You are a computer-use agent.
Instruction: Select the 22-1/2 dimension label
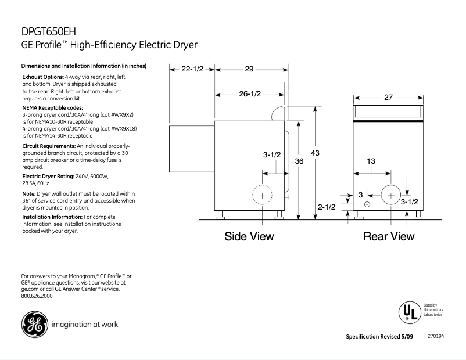coord(192,69)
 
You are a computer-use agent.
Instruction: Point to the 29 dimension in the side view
coord(249,69)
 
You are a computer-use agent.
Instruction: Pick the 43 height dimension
coord(315,153)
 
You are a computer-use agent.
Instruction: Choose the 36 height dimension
coord(299,161)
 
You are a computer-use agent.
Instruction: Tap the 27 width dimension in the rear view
coord(389,98)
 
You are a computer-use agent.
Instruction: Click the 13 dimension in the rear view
coord(370,161)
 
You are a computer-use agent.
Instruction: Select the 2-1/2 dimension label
coord(327,207)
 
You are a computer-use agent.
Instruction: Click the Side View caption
coord(249,236)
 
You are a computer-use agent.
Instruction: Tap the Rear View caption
coord(389,236)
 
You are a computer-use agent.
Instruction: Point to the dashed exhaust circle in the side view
coord(263,196)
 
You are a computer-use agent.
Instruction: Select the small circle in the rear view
coord(367,204)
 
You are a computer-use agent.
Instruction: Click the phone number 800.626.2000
coord(37,296)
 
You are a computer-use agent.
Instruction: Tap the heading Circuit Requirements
coord(49,145)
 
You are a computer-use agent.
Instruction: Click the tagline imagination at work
coord(85,325)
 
